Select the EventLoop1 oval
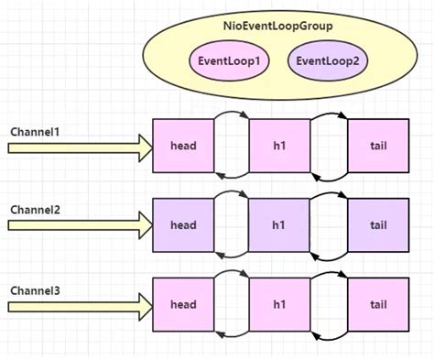click(229, 61)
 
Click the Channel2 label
click(35, 209)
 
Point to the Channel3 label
click(35, 290)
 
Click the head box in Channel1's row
click(183, 146)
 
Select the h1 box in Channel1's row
click(279, 146)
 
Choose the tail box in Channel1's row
click(378, 146)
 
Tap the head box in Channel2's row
click(183, 224)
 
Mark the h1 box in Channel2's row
click(279, 224)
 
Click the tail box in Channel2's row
click(378, 224)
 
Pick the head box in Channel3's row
click(183, 303)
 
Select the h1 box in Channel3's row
click(279, 303)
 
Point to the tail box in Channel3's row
click(378, 303)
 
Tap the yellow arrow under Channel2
click(78, 224)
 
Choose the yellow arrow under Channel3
click(78, 304)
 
